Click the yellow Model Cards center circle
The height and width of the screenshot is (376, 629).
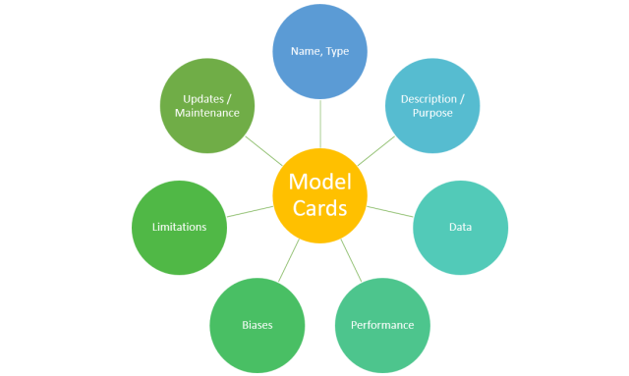pos(320,194)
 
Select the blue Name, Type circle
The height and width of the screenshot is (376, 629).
pos(320,52)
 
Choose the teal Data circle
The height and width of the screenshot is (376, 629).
pos(460,227)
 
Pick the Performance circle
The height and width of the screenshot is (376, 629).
pos(382,324)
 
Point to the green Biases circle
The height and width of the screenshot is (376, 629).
pos(257,324)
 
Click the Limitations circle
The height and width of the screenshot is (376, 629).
pos(179,227)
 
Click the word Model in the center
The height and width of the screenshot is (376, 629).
pos(320,181)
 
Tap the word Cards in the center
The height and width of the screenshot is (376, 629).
pos(320,208)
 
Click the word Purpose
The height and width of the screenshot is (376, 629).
pos(432,114)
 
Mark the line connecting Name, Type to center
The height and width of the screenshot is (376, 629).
pos(320,124)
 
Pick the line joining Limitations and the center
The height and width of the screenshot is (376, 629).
pos(250,211)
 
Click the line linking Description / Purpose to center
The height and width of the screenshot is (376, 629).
pos(375,150)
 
